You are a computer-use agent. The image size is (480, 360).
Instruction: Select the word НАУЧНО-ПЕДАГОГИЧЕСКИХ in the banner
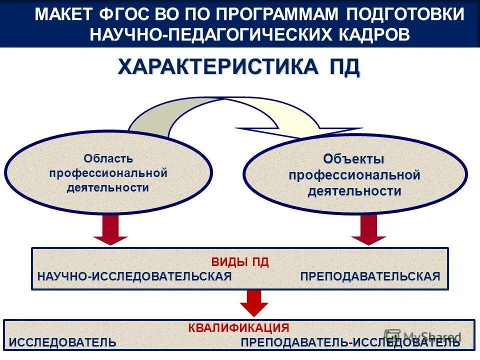click(210, 34)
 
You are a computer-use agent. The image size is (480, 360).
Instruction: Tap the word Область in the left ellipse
click(108, 159)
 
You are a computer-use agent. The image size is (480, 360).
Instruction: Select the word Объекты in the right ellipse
click(353, 159)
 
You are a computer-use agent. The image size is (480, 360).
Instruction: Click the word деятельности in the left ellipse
click(108, 188)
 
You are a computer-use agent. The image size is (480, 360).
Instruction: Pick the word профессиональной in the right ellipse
click(354, 175)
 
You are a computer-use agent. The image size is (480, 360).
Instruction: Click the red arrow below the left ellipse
click(110, 230)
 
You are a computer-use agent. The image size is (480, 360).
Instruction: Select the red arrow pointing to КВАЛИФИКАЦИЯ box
click(254, 302)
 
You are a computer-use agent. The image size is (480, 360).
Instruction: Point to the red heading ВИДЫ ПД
click(240, 262)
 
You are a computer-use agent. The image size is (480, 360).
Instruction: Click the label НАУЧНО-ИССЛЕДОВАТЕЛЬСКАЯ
click(134, 276)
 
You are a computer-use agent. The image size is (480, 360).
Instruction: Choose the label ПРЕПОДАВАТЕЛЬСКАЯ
click(370, 276)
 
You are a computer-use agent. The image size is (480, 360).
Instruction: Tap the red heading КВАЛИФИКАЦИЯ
click(239, 328)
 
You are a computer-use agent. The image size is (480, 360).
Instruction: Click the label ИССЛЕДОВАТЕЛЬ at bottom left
click(63, 342)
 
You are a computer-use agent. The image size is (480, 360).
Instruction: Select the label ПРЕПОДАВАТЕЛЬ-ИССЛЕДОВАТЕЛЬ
click(350, 342)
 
